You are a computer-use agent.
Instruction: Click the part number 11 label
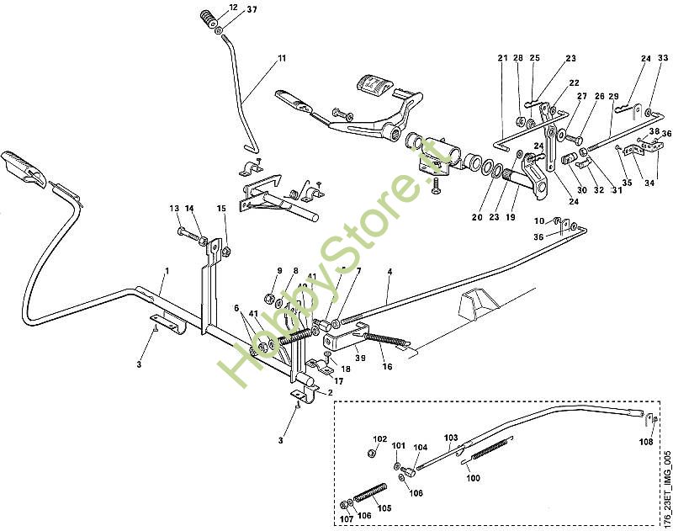(282, 58)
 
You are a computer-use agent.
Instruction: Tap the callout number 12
(234, 8)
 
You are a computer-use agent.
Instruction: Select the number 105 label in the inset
(384, 507)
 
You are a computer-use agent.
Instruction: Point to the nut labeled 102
(372, 453)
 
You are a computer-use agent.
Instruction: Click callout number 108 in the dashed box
(646, 442)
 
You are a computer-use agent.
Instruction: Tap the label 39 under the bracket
(360, 358)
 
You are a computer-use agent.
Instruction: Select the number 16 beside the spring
(387, 366)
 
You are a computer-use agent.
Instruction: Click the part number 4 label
(389, 272)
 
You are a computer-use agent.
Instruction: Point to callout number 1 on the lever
(167, 271)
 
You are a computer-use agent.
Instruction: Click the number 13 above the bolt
(174, 208)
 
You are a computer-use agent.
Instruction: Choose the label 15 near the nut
(221, 209)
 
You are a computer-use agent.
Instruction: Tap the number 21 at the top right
(502, 58)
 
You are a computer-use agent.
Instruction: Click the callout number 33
(663, 57)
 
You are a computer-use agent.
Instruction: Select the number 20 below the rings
(477, 217)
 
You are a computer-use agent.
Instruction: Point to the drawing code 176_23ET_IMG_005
(666, 488)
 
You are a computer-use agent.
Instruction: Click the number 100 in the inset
(473, 478)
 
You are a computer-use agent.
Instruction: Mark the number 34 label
(649, 183)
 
